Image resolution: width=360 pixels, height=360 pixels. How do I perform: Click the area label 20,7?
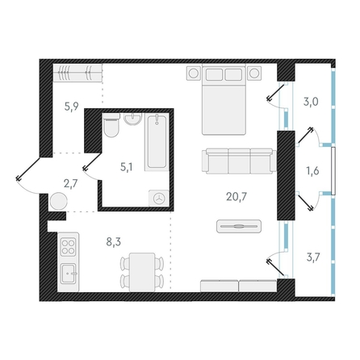coord(237,197)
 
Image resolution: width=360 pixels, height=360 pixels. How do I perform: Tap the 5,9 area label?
coord(71,107)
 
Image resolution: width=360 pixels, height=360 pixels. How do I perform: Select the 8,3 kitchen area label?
coord(114,242)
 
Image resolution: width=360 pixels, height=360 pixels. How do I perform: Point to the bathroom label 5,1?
coord(126,167)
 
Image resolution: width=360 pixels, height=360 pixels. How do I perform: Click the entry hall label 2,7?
coord(70,184)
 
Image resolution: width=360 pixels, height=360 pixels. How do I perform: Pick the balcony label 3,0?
coord(311,102)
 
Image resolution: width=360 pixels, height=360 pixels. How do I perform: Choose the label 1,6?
coord(312,171)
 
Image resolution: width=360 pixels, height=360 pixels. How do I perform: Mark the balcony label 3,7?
coord(313,257)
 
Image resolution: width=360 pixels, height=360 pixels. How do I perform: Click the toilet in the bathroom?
coord(111,125)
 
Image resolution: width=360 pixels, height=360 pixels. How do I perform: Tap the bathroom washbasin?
coord(133,119)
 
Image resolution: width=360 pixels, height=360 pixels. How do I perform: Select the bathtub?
coord(157,142)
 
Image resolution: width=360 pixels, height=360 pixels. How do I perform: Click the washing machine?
coord(159,199)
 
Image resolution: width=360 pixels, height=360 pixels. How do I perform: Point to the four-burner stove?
coord(68,247)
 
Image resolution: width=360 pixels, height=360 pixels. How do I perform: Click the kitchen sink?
coord(68,274)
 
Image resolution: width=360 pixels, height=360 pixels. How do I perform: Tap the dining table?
coord(142,272)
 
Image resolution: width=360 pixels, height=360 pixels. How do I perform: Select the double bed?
coord(224,99)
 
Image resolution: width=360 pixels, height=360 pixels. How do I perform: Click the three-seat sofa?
coord(239,161)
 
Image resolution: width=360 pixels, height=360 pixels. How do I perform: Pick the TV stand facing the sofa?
coord(239,226)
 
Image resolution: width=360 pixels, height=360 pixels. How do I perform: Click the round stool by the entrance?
coord(58,201)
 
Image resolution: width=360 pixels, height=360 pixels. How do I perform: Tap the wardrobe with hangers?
coord(77,73)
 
